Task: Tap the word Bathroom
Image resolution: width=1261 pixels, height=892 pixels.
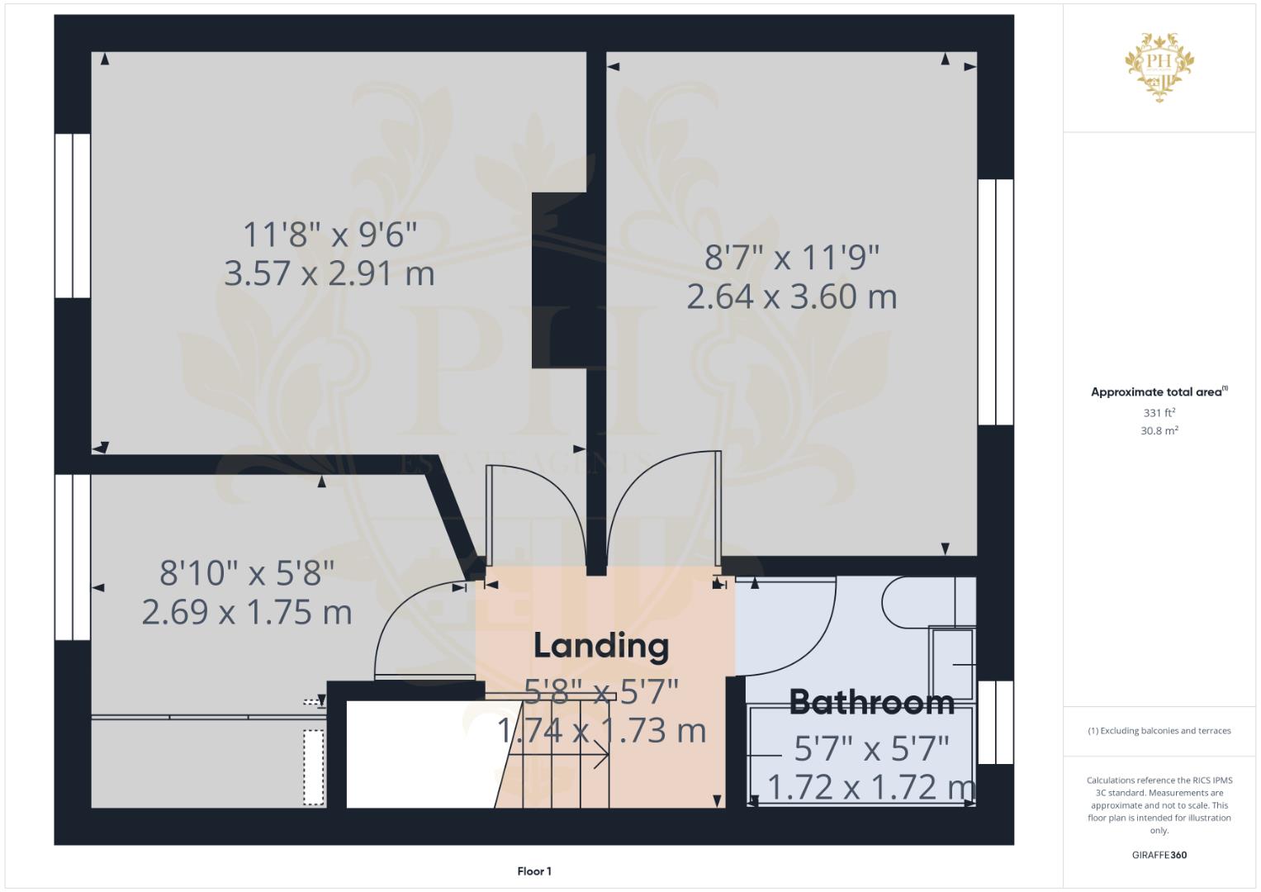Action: tap(872, 702)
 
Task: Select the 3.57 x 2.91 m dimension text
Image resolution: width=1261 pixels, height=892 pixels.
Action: tap(329, 273)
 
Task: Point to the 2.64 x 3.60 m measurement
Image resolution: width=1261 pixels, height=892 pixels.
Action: tap(791, 297)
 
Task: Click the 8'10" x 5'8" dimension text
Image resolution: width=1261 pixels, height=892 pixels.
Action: tap(247, 573)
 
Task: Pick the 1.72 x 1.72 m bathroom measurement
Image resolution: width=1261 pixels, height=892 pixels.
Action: tap(871, 787)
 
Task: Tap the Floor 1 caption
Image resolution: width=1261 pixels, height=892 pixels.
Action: tap(534, 871)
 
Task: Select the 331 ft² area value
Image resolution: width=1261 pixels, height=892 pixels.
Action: tap(1159, 413)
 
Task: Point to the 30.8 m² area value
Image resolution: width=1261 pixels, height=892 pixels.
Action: tap(1159, 431)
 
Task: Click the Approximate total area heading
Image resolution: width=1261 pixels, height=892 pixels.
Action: tap(1159, 392)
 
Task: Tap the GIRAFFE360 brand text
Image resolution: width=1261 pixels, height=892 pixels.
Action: tap(1159, 855)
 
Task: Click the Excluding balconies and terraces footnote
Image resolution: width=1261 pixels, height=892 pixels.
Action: tap(1159, 731)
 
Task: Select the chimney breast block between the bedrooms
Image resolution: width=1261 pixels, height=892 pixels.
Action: tap(561, 281)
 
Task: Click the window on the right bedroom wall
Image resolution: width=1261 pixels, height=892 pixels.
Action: tap(996, 301)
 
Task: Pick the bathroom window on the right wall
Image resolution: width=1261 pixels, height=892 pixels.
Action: tap(996, 723)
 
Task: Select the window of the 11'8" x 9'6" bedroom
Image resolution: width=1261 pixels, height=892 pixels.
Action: tap(73, 216)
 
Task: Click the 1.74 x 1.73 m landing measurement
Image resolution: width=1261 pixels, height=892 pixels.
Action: tap(601, 730)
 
